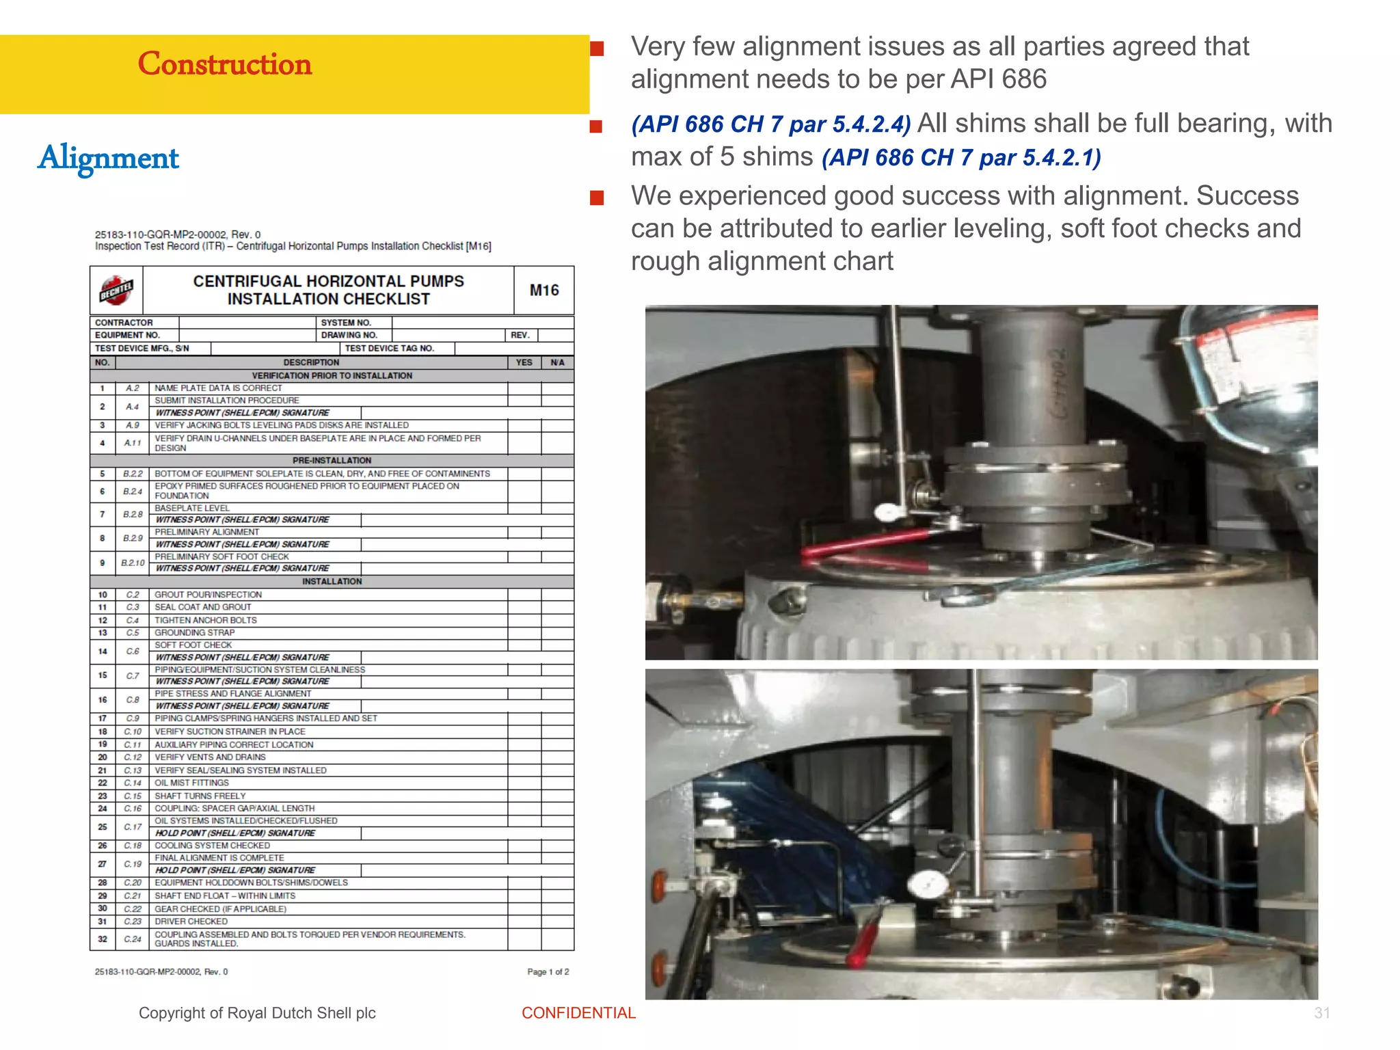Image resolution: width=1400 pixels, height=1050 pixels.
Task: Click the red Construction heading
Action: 224,64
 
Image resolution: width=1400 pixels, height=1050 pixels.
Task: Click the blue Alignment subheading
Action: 109,158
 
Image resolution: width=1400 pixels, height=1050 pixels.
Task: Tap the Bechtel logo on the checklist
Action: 116,291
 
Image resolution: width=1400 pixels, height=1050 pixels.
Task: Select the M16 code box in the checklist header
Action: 544,291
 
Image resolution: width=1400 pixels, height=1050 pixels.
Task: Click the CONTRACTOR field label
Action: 124,323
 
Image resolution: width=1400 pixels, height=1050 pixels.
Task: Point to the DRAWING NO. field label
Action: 349,335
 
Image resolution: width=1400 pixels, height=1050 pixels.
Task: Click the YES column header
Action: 524,362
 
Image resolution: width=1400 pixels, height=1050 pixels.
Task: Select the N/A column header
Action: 557,362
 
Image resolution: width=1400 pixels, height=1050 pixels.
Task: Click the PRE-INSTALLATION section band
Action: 332,461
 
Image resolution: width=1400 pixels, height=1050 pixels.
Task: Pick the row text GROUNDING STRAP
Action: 194,633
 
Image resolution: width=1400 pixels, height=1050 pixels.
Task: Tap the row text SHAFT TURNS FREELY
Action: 200,796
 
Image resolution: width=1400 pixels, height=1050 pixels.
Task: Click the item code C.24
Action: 133,939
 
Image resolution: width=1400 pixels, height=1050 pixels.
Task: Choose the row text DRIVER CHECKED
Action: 191,921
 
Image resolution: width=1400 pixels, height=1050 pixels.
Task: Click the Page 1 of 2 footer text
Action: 548,971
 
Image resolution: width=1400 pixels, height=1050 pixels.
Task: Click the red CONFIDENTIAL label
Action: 578,1013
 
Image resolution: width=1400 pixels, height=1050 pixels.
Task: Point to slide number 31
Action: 1321,1013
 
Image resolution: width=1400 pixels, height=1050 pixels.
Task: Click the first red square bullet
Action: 597,49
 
